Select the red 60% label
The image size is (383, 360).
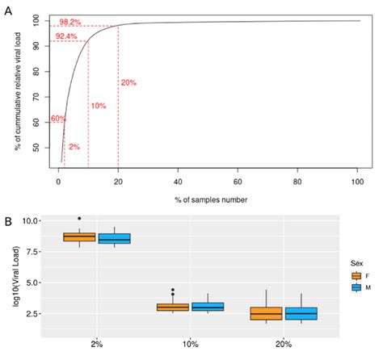click(57, 119)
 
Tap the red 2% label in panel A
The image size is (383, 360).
click(74, 147)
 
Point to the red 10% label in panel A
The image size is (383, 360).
click(98, 106)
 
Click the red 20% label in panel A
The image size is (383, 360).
click(128, 83)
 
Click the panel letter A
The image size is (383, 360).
click(9, 8)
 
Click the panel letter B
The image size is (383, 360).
click(9, 219)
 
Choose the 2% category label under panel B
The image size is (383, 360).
click(96, 344)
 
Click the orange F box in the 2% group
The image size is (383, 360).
click(79, 237)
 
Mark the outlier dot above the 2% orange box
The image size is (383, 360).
click(79, 218)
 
